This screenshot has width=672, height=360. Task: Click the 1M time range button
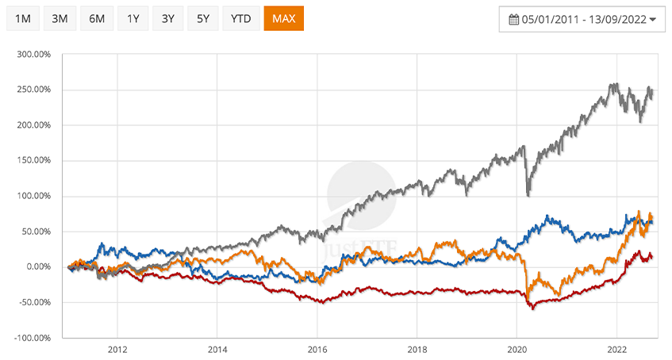22,18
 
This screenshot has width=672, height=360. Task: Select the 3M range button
59,18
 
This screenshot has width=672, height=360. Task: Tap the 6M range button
96,18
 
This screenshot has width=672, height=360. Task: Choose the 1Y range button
132,18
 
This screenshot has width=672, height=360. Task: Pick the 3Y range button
168,18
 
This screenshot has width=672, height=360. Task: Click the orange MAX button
283,18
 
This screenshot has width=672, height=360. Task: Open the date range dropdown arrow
652,19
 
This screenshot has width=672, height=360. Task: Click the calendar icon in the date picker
513,19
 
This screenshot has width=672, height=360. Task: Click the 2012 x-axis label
117,349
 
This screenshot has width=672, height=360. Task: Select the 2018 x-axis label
417,349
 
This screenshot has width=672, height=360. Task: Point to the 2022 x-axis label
617,349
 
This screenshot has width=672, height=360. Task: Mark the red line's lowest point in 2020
532,308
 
